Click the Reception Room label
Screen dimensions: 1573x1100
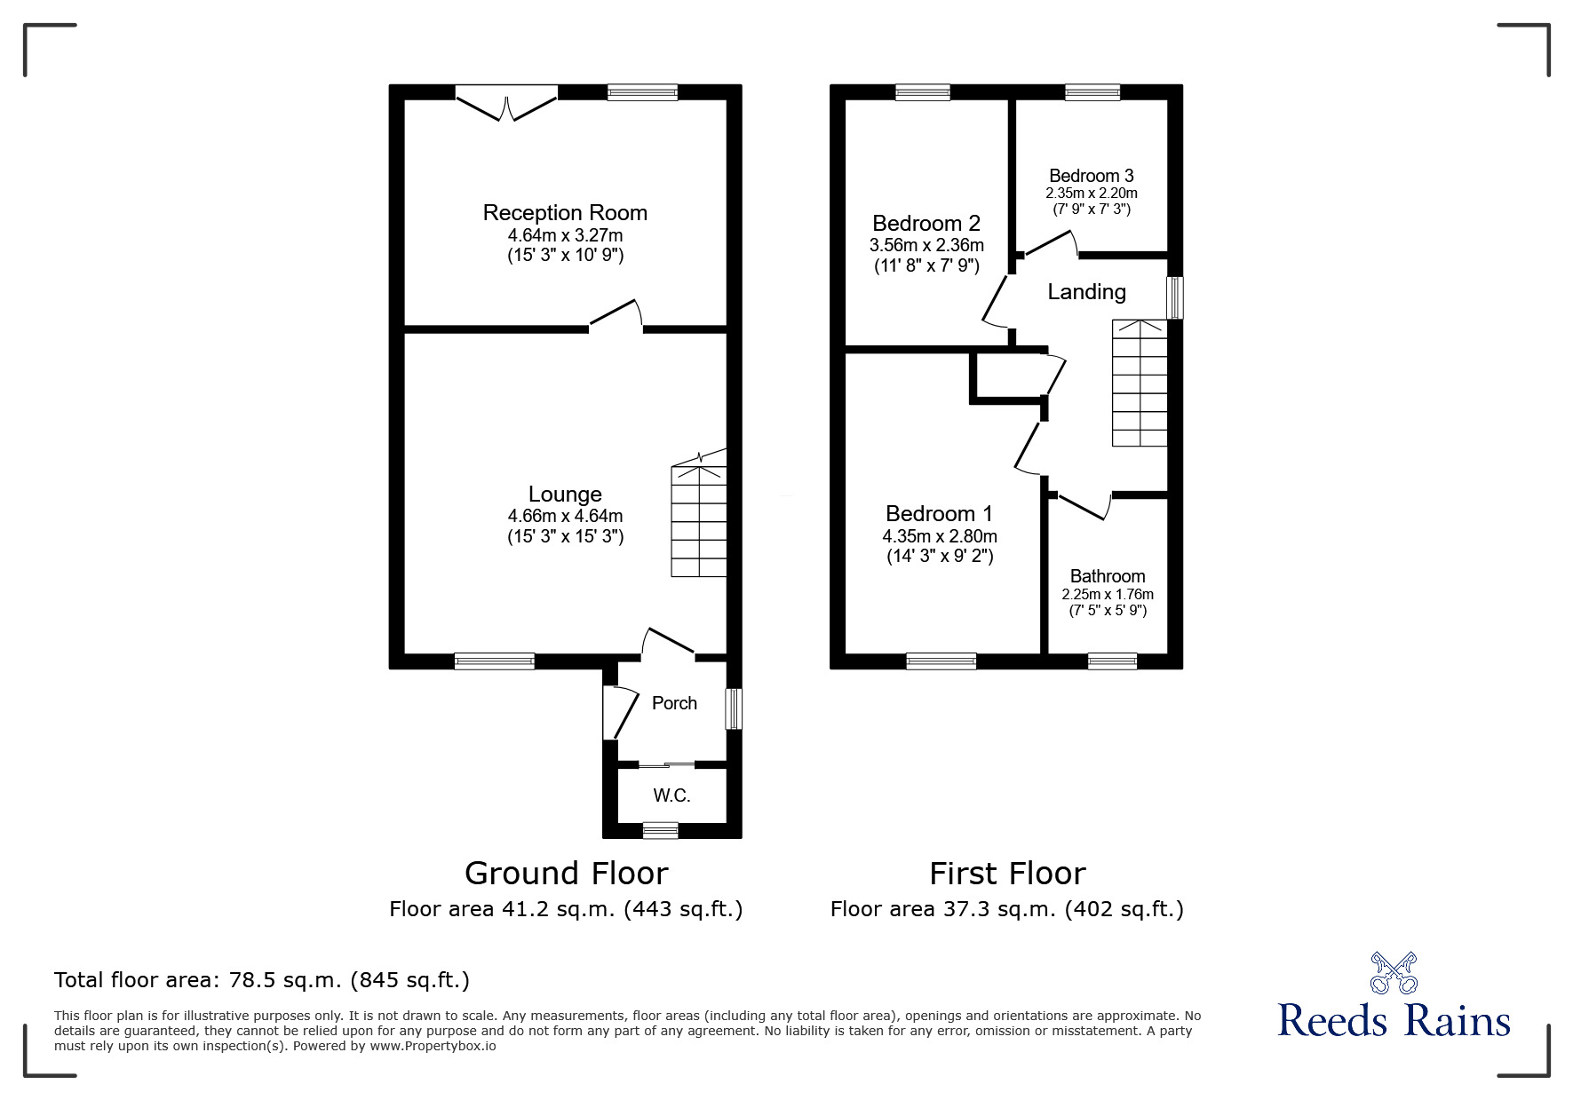tap(565, 213)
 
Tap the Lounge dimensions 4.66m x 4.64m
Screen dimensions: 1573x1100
tap(565, 516)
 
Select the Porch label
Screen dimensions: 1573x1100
tap(674, 703)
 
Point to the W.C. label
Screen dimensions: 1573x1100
tap(671, 795)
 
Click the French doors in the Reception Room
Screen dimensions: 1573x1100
tap(506, 102)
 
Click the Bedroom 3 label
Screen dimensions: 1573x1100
tap(1091, 176)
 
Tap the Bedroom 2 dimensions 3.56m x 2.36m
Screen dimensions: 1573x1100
tap(926, 245)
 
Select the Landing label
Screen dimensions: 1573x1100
tap(1086, 291)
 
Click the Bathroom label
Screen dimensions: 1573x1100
tap(1108, 576)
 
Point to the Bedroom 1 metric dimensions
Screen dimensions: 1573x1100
tap(940, 536)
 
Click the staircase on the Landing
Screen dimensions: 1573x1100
tap(1140, 383)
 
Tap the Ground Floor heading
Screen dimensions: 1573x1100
tap(566, 874)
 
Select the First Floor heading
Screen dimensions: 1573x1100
tap(1007, 874)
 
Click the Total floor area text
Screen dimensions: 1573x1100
tap(262, 980)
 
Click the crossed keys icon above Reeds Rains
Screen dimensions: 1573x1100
tap(1394, 973)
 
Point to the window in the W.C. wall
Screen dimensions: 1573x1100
tap(660, 831)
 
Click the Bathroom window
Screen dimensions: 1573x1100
tap(1112, 661)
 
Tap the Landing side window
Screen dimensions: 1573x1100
tap(1175, 297)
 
